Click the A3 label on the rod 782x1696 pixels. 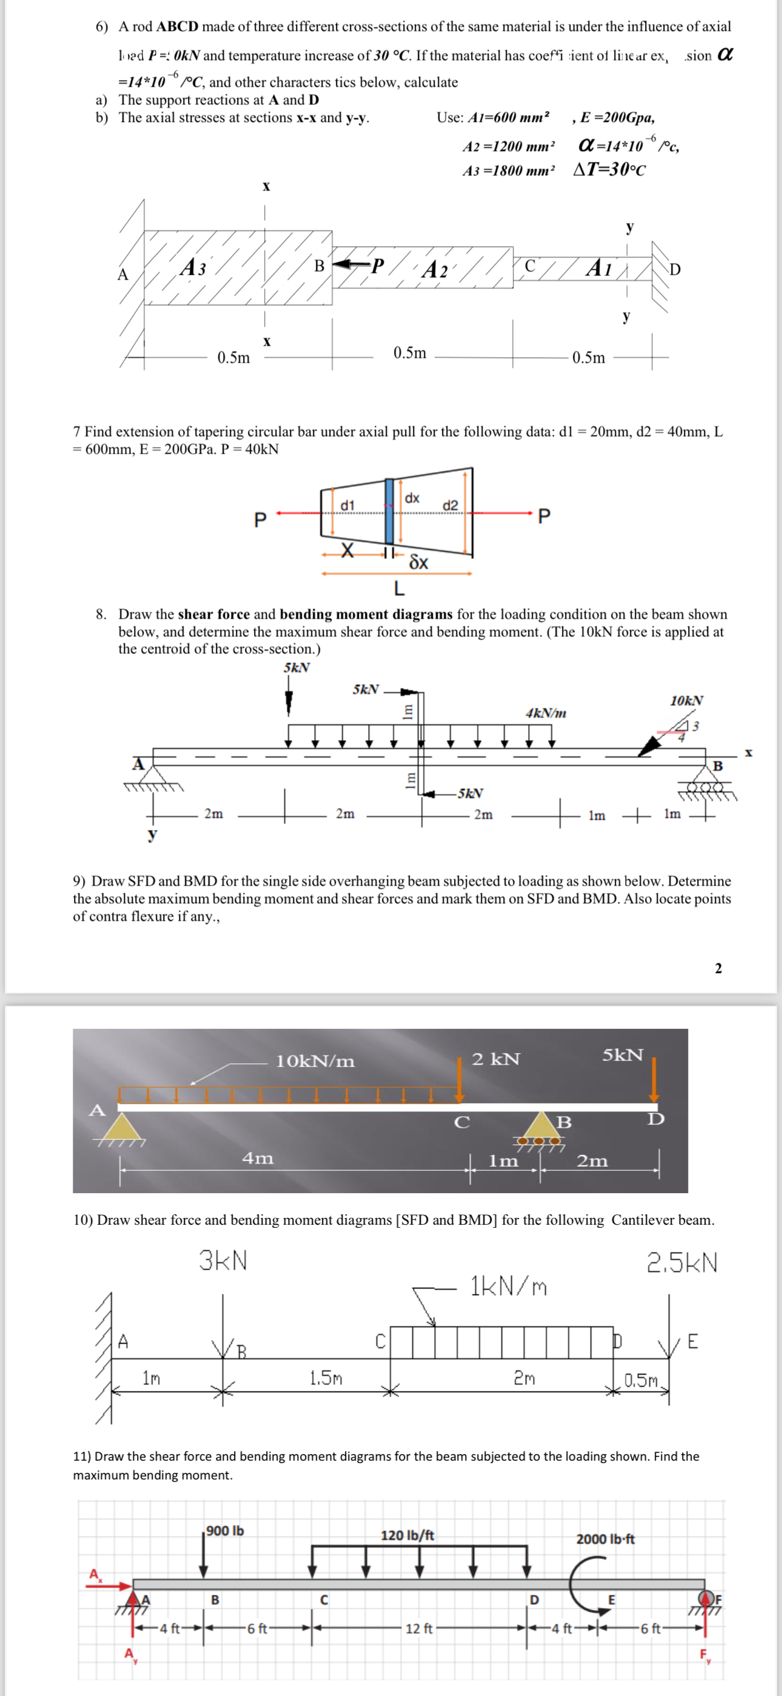click(193, 268)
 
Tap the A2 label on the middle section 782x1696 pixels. click(435, 269)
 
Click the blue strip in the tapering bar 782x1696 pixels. click(389, 510)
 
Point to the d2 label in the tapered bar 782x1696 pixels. click(450, 505)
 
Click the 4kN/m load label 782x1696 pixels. click(546, 713)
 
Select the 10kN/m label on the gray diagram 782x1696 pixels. click(315, 1061)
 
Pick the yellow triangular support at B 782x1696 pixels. click(541, 1125)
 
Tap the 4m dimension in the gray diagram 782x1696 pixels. click(258, 1158)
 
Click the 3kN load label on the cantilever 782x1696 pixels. click(223, 1261)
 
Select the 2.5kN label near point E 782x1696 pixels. click(682, 1263)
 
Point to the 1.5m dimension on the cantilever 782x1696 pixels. click(325, 1378)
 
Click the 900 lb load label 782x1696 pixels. click(225, 1531)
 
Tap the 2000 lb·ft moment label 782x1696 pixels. click(605, 1540)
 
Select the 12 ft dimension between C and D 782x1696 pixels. click(419, 1629)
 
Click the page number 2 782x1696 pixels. click(718, 968)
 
